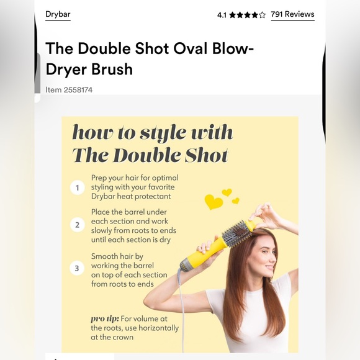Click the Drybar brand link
[x=58, y=14]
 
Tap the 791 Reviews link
[x=292, y=14]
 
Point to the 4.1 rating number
[x=222, y=15]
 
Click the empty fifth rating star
[x=262, y=15]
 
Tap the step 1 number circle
[x=78, y=187]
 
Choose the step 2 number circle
[x=78, y=225]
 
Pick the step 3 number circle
[x=78, y=269]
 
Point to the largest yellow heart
[x=214, y=202]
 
